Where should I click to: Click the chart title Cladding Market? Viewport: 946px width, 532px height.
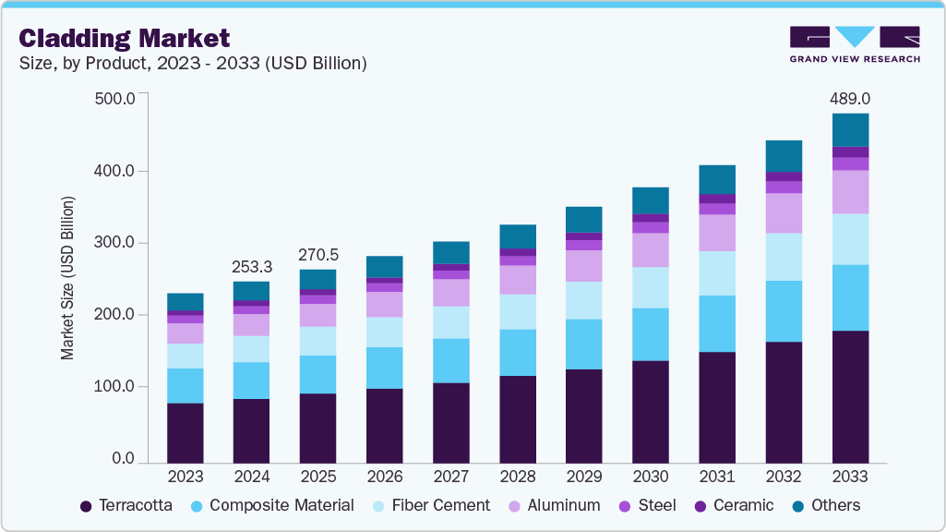125,38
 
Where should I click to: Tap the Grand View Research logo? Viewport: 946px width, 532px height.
854,43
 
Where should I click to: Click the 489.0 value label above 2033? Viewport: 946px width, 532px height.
850,98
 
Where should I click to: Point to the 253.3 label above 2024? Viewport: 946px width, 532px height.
251,266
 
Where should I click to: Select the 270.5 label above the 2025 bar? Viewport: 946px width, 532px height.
317,254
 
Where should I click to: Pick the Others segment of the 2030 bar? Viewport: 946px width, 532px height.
650,200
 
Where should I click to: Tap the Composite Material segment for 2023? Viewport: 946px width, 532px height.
185,386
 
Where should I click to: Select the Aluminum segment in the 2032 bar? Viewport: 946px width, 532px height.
784,212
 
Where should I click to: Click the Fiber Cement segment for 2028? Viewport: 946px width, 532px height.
517,312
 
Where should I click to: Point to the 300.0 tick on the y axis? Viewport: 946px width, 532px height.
115,243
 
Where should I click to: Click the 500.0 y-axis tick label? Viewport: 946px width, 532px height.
115,99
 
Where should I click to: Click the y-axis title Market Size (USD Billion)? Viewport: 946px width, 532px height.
68,278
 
